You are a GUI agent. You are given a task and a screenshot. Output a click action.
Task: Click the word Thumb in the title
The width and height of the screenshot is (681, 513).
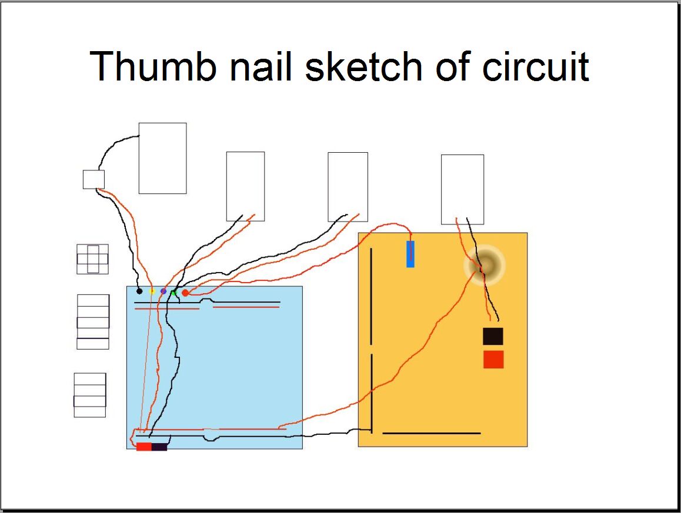[x=153, y=66]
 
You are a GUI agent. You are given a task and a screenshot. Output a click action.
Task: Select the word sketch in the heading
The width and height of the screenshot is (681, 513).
[x=363, y=66]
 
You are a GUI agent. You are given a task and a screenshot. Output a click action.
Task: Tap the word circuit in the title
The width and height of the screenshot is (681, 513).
[x=536, y=66]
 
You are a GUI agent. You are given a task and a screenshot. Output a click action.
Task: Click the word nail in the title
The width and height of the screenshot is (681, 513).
[x=261, y=66]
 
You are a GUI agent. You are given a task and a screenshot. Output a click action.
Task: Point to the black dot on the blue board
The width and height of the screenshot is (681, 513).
[x=139, y=291]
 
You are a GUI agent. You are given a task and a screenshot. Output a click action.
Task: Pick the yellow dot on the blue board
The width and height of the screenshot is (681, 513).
[x=152, y=291]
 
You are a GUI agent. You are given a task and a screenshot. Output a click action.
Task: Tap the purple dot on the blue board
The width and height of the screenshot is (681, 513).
[x=163, y=291]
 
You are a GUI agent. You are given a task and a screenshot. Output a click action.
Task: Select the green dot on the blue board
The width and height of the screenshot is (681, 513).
[x=173, y=293]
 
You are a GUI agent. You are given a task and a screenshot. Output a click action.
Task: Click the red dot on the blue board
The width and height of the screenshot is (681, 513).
[x=185, y=293]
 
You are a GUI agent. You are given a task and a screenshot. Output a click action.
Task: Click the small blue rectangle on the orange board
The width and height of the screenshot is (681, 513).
[x=410, y=254]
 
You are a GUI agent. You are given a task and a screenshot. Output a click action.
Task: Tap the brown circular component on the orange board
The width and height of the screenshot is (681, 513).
[x=485, y=265]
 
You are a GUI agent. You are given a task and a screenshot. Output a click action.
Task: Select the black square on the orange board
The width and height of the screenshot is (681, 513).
[x=493, y=336]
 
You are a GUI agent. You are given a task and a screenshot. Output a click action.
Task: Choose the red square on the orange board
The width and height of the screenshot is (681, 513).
[x=493, y=360]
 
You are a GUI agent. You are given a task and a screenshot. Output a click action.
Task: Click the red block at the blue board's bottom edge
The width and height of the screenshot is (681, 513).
[x=143, y=447]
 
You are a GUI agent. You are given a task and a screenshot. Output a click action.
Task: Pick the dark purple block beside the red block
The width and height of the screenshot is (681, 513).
[x=159, y=447]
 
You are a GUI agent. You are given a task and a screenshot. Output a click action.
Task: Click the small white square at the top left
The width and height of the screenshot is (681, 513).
[x=94, y=179]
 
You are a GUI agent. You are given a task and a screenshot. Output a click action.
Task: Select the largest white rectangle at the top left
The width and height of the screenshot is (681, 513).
[x=162, y=159]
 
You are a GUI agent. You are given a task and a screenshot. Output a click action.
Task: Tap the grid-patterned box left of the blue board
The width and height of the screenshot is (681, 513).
[x=92, y=259]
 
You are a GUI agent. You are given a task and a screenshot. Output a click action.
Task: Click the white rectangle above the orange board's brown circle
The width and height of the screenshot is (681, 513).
[x=463, y=190]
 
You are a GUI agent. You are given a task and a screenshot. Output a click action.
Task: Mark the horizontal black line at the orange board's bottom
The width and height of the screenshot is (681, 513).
[x=431, y=433]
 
